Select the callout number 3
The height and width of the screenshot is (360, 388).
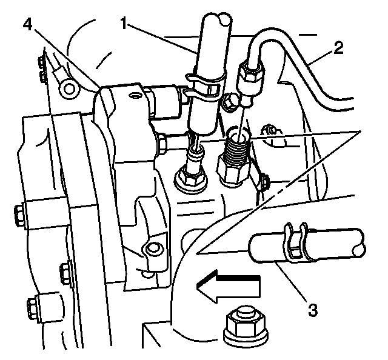pos(312,310)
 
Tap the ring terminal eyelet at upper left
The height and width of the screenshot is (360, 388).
pos(70,90)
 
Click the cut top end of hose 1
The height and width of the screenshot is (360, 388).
pos(215,21)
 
